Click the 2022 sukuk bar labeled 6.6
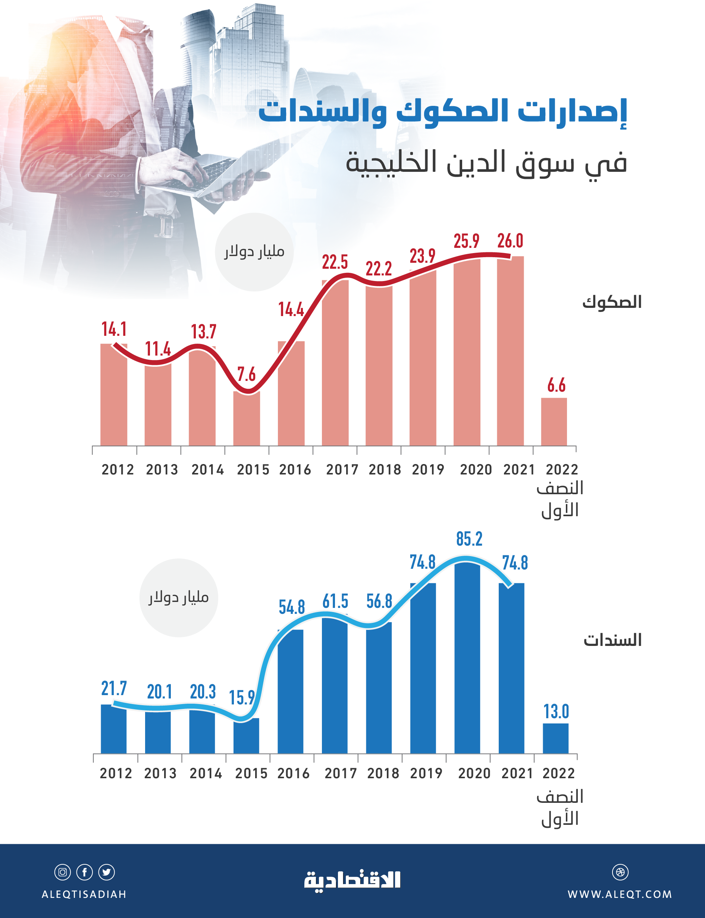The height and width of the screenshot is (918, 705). pos(554,422)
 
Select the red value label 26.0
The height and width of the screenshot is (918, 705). pos(510,241)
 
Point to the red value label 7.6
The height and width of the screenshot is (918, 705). pos(246,374)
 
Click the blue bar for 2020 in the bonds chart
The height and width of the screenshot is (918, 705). pos(467,659)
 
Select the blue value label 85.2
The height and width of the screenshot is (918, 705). pos(469,539)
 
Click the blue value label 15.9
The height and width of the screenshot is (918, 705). pos(242,697)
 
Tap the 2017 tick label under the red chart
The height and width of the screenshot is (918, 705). pos(342,469)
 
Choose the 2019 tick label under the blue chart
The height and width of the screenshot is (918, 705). pos(426,773)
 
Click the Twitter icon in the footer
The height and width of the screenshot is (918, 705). pos(106,872)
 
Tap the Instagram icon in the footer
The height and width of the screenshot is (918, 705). pos(63,872)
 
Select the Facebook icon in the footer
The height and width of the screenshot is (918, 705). pos(84,872)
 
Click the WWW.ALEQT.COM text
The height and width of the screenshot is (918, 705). pos(619,894)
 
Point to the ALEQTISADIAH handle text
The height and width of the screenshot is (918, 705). pos(84,894)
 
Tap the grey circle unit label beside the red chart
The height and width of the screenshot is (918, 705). pos(254,252)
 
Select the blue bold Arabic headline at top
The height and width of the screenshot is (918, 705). pos(442,111)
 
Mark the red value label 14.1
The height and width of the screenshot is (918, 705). pos(114,329)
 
